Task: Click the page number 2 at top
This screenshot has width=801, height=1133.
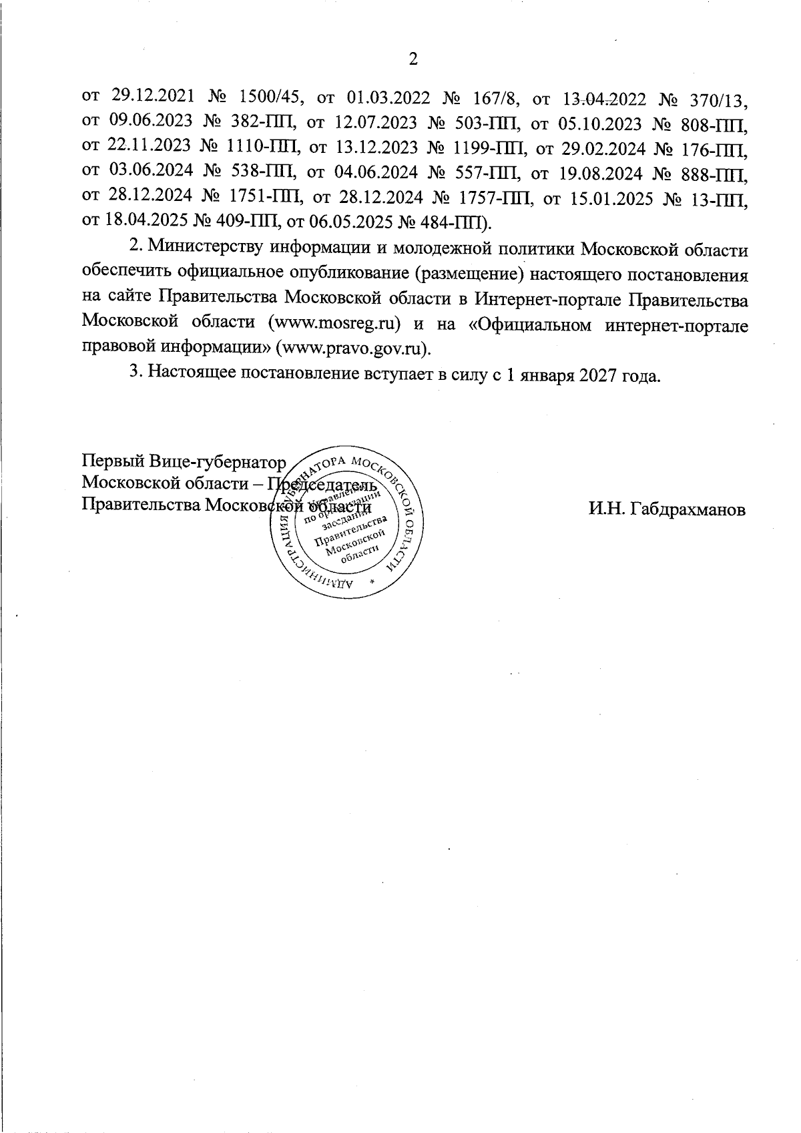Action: click(x=413, y=60)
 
